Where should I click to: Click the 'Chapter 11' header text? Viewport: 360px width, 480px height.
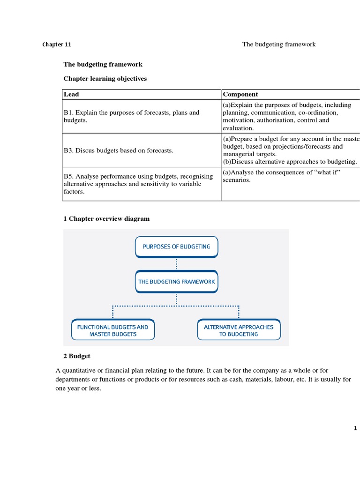click(57, 45)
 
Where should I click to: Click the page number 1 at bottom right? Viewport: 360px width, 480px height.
click(355, 428)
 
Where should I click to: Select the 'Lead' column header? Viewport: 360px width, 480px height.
click(71, 94)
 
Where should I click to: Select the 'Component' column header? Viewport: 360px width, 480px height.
click(240, 94)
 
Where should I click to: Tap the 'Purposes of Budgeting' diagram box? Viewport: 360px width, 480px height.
click(176, 247)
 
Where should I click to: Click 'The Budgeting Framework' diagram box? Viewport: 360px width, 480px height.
click(176, 282)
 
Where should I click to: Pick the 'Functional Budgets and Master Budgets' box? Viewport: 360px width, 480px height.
click(112, 330)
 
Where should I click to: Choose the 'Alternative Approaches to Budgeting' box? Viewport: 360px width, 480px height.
click(239, 330)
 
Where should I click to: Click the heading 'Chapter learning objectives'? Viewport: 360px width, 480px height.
click(105, 79)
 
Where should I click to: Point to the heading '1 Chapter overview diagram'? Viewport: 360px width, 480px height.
click(106, 219)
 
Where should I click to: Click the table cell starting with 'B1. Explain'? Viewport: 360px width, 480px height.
click(131, 116)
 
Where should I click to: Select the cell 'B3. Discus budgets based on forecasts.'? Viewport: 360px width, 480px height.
click(118, 150)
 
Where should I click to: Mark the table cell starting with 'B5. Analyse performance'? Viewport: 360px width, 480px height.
click(132, 184)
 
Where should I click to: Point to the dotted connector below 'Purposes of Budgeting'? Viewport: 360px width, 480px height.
click(176, 264)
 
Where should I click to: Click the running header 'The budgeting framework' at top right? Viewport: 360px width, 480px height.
click(279, 45)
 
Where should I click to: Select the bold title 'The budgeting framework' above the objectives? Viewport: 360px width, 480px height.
click(103, 64)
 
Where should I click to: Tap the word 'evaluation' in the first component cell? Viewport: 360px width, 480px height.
click(238, 128)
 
